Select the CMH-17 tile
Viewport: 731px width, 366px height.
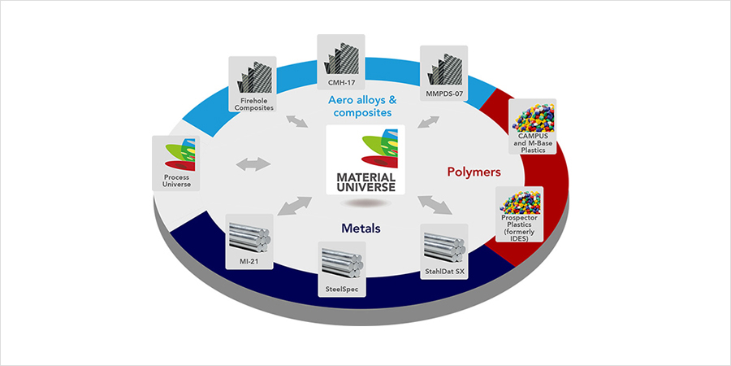tap(340, 63)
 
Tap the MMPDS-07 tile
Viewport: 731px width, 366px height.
tap(443, 73)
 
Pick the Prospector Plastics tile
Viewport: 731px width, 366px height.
tap(519, 214)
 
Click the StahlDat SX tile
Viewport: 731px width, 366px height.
tap(444, 251)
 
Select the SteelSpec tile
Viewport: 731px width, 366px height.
tap(342, 269)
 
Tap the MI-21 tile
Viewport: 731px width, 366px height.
tap(249, 242)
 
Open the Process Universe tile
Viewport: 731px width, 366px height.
tap(175, 163)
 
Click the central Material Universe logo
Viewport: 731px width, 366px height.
tap(365, 159)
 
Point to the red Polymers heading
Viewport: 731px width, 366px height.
tap(474, 172)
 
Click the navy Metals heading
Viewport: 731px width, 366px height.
tap(361, 229)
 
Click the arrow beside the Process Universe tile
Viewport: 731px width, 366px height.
tap(253, 163)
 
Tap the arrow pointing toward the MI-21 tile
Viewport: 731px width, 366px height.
tap(294, 206)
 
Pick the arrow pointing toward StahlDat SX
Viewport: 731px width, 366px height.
tap(435, 206)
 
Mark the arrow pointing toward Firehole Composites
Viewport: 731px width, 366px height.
tap(297, 121)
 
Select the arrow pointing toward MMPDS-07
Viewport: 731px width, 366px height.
tap(428, 122)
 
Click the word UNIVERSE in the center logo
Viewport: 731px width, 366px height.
tap(365, 187)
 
